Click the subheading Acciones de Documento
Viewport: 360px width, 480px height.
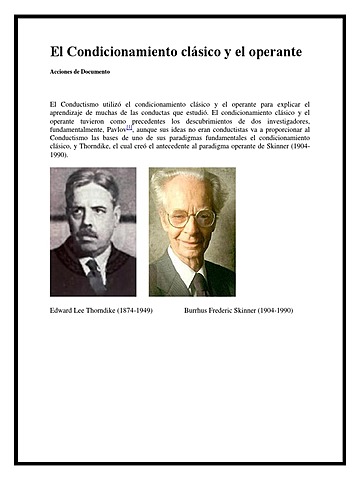point(79,73)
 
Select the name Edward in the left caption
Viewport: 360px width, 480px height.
point(62,312)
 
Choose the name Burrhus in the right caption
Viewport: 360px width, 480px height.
point(200,312)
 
